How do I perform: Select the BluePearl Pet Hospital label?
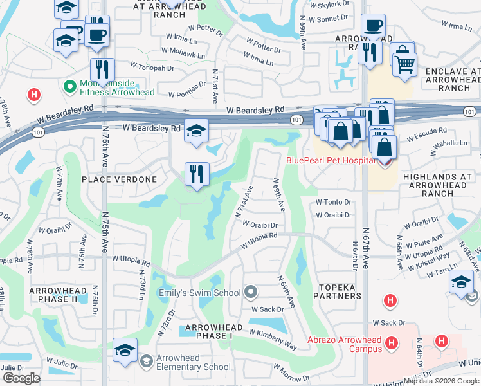pos(331,160)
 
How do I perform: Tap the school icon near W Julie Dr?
pos(125,350)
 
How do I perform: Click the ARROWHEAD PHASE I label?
pos(213,327)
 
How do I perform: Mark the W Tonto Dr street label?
pos(333,202)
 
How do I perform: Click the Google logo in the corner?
pos(21,378)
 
